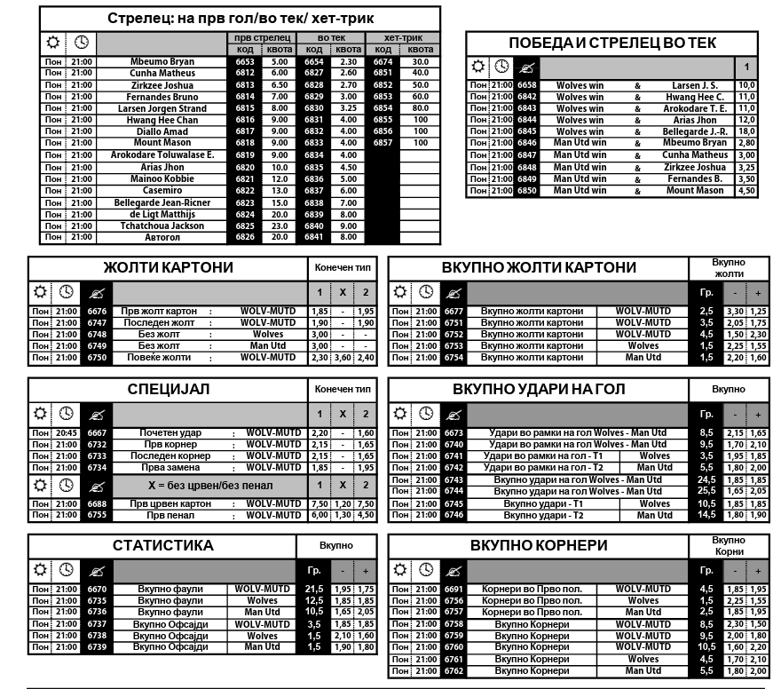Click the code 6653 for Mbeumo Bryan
pos(245,62)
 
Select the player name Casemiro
pos(162,191)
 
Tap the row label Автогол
pos(162,237)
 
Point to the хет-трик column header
pos(402,38)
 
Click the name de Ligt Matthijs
pos(162,214)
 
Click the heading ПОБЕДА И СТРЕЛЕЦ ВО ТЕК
pos(612,44)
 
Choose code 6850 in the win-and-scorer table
pos(527,191)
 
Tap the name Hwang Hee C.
pos(695,97)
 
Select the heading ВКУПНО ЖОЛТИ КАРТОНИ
pos(539,267)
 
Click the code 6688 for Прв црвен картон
pos(97,503)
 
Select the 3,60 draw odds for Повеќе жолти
pos(342,358)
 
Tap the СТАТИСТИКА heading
pos(162,545)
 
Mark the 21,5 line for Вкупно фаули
pos(313,590)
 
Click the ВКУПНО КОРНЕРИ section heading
pos(539,545)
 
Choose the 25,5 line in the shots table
pos(706,491)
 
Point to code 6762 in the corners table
pos(454,671)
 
